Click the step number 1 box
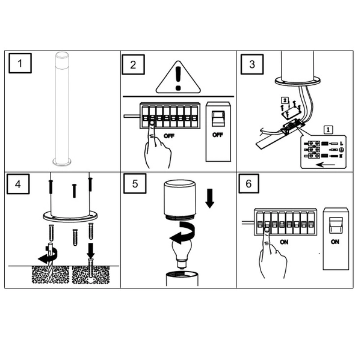[x=20, y=63]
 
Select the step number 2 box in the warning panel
[x=134, y=65]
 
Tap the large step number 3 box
[x=252, y=64]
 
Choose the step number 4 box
[x=18, y=184]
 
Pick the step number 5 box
[x=135, y=183]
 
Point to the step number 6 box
[x=248, y=183]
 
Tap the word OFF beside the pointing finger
[x=168, y=136]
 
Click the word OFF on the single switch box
[x=218, y=135]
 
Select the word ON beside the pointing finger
[x=284, y=242]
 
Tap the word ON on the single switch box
[x=335, y=242]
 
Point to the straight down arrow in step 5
[x=210, y=198]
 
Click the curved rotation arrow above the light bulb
[x=183, y=233]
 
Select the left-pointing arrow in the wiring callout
[x=326, y=165]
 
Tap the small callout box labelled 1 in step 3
[x=328, y=130]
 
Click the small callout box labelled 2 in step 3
[x=285, y=100]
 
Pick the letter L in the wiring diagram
[x=341, y=144]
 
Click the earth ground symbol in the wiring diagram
[x=342, y=150]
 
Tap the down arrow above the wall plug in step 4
[x=91, y=250]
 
